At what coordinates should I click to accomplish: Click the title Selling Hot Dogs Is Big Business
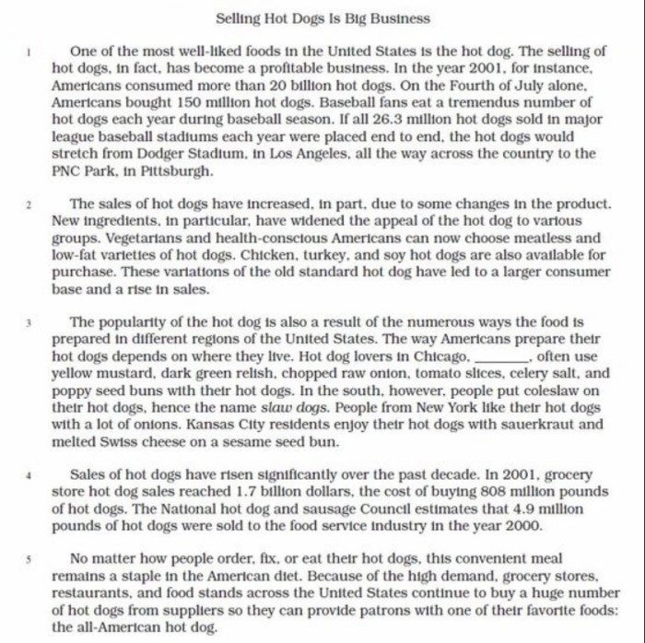click(322, 18)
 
